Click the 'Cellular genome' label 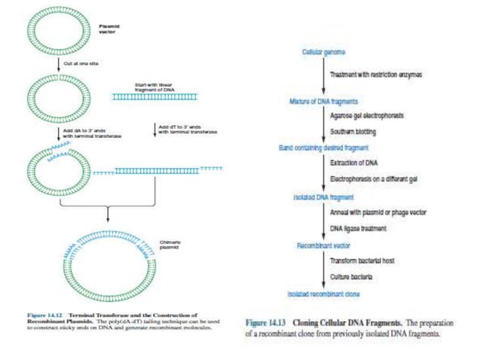[323, 51]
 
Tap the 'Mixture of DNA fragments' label [323, 101]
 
